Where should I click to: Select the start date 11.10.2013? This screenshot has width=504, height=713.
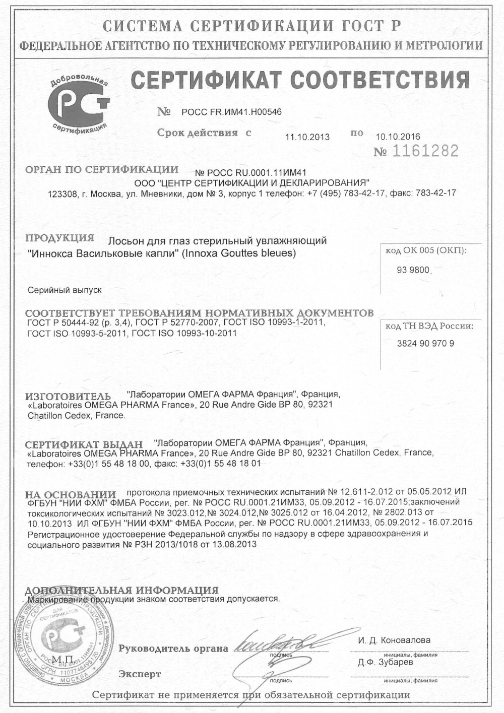[x=307, y=137]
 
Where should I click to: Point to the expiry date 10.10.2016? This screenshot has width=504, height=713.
[x=398, y=136]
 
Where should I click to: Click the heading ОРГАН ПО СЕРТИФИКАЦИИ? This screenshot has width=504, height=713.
[x=102, y=169]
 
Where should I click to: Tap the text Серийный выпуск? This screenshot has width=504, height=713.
[x=65, y=290]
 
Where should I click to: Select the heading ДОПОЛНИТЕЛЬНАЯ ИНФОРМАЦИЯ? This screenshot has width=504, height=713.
[x=121, y=590]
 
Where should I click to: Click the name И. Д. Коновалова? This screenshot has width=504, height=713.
[x=394, y=640]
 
